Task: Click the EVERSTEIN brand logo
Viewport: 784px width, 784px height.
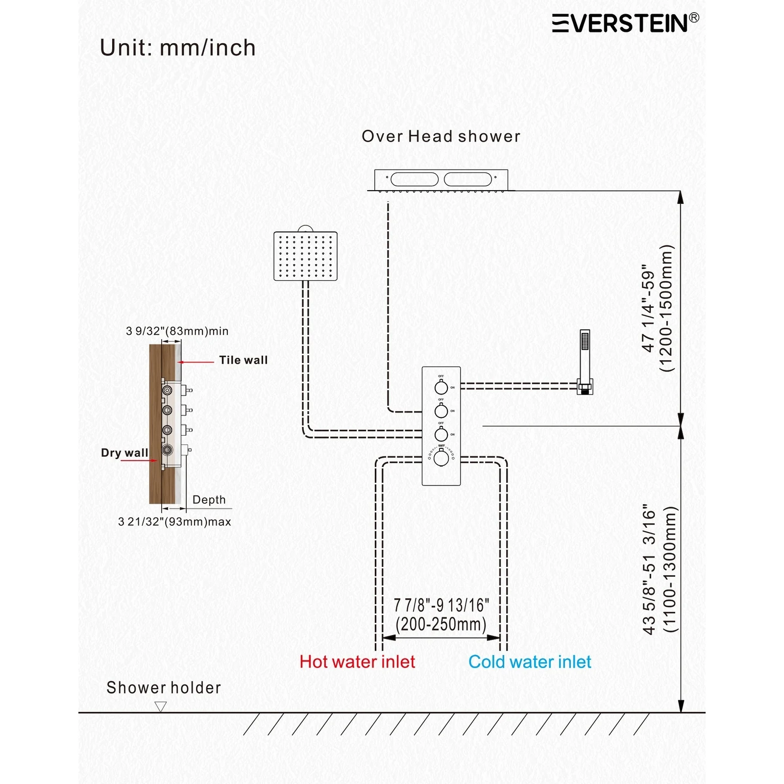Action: (625, 23)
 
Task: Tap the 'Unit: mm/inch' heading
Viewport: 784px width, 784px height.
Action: (177, 48)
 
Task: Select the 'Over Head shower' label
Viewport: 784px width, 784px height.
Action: (441, 136)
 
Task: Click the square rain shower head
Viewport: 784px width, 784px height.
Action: (305, 256)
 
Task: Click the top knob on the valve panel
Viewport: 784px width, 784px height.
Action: (441, 388)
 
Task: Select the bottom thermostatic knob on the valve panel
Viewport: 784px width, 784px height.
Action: (441, 459)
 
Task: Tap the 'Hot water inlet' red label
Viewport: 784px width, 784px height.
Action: (357, 662)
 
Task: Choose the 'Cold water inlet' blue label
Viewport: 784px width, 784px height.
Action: (530, 662)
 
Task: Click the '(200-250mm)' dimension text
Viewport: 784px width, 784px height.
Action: (441, 625)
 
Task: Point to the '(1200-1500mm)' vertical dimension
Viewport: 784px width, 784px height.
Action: (667, 308)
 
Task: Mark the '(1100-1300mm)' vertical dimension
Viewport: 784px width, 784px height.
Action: (669, 569)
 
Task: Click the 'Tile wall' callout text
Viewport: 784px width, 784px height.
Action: (243, 360)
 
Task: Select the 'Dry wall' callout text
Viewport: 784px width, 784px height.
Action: (124, 453)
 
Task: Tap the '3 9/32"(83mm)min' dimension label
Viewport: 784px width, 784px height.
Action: (177, 331)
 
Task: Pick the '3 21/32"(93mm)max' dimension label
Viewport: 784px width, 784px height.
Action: (174, 522)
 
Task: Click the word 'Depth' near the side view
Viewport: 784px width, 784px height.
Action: (209, 500)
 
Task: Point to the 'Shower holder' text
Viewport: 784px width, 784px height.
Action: (164, 687)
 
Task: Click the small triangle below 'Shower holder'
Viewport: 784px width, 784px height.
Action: (160, 706)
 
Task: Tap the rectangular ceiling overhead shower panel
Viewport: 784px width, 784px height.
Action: (441, 179)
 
